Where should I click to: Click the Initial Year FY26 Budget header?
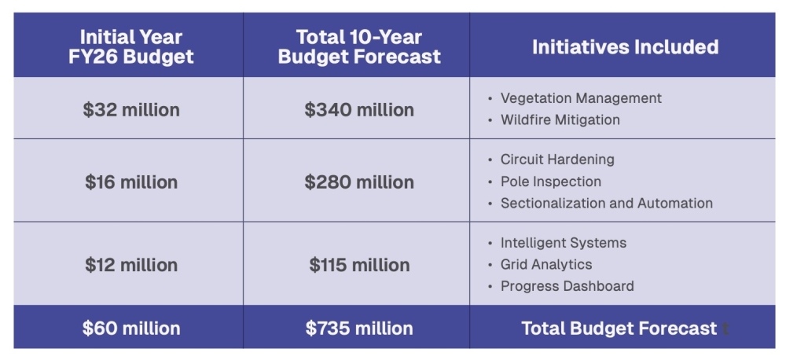tap(130, 46)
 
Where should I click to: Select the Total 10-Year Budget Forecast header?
tap(359, 46)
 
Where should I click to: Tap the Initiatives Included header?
tap(625, 46)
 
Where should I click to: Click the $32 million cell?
tap(131, 109)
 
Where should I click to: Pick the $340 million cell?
tap(359, 109)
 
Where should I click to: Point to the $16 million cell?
tap(131, 182)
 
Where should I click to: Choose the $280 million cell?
tap(359, 182)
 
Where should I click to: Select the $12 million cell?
tap(131, 265)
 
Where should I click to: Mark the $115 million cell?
tap(359, 265)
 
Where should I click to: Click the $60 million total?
tap(131, 328)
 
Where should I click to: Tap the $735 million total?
tap(359, 328)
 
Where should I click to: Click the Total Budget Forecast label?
tap(619, 328)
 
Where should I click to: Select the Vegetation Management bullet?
tap(580, 98)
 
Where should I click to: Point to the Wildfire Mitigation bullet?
tap(560, 120)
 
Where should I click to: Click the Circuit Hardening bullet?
tap(557, 160)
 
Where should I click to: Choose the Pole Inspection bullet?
tap(550, 182)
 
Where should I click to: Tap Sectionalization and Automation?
tap(606, 204)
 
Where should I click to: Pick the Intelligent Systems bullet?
tap(563, 243)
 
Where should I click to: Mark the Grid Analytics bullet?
tap(546, 265)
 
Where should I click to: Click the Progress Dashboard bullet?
tap(567, 287)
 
